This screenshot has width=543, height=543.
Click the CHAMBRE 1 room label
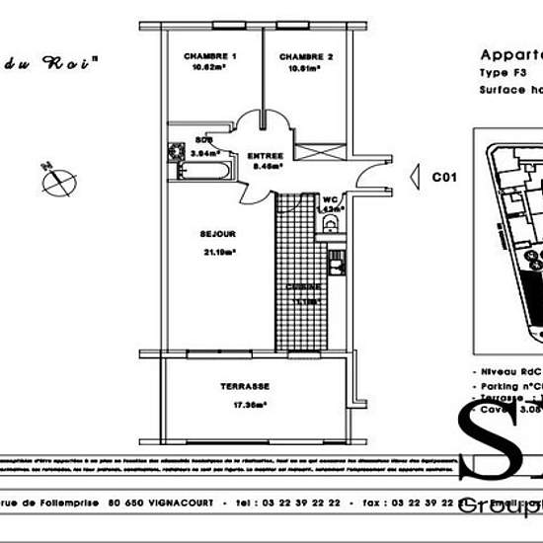click(x=210, y=57)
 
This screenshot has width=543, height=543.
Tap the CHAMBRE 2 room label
click(x=306, y=57)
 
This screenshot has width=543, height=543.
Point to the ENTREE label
click(x=266, y=156)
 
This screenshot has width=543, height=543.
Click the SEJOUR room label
click(x=217, y=235)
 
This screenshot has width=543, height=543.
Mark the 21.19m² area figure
click(x=217, y=251)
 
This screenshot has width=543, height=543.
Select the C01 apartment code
click(x=445, y=178)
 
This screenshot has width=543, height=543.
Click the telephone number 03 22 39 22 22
click(x=301, y=502)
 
